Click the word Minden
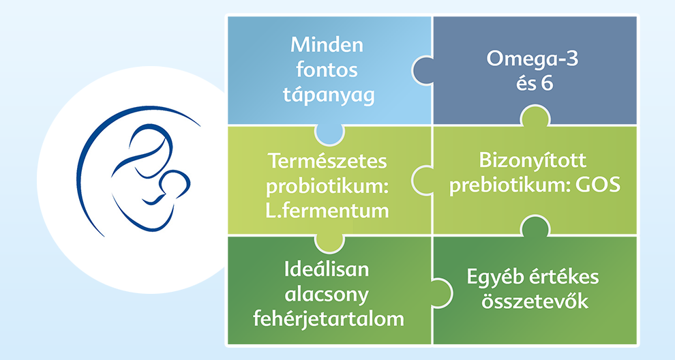[x=327, y=45]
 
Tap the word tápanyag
[x=329, y=95]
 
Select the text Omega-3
[x=532, y=59]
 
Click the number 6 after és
[x=547, y=83]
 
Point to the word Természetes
[x=327, y=162]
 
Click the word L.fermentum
[x=327, y=211]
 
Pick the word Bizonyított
[x=532, y=161]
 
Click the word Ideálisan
[x=327, y=269]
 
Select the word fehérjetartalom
[x=329, y=319]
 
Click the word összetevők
[x=535, y=301]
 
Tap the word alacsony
[x=327, y=295]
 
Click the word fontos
[x=327, y=70]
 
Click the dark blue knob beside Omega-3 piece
[x=421, y=70]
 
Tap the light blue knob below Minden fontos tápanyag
[x=329, y=134]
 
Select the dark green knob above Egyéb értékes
[x=535, y=226]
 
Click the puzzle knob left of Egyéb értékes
[x=442, y=292]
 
